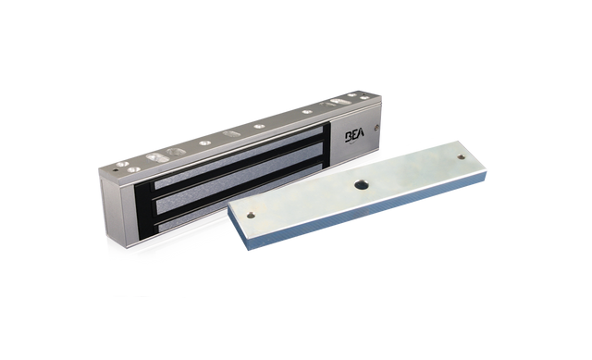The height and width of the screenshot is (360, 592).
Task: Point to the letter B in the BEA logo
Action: point(350,137)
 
